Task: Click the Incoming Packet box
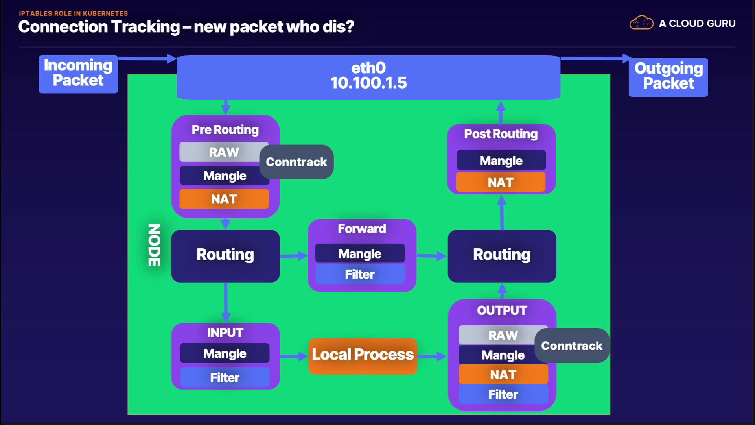coord(78,74)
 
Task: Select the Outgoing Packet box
coord(668,77)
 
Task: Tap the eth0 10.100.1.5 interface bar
coord(368,77)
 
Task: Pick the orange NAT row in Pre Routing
coord(224,199)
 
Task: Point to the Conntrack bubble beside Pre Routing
coord(296,162)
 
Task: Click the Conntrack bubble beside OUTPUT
coord(572,346)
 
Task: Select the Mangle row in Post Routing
coord(501,161)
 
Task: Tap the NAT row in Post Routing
coord(501,182)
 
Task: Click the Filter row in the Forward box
coord(360,274)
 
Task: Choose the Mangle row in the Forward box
coord(360,254)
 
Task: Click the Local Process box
coord(363,355)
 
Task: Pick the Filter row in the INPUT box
coord(225,378)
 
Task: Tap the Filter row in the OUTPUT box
coord(503,394)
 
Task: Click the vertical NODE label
coord(154,245)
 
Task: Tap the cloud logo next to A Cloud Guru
coord(641,23)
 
